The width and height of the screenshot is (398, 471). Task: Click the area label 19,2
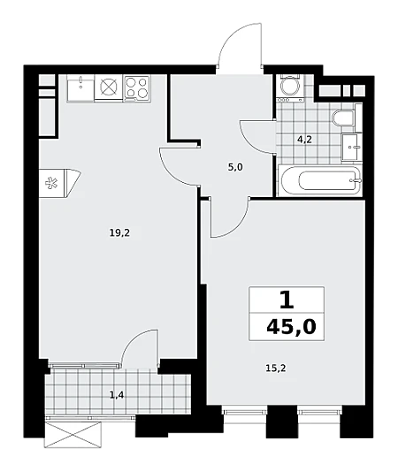(119, 232)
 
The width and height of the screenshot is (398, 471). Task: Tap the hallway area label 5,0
(235, 167)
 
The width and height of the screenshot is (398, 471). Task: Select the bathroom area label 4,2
(305, 140)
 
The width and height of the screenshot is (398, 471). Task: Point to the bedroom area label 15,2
(276, 368)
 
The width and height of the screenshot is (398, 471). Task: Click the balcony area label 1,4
(117, 396)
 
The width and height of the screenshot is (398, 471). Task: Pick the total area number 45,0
(291, 326)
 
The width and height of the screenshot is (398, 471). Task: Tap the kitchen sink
(80, 87)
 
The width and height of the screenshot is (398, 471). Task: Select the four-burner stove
(137, 87)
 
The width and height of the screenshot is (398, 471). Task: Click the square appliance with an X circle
(109, 87)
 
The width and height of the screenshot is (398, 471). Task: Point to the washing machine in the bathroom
(289, 87)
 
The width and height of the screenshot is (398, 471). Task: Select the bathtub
(320, 180)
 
